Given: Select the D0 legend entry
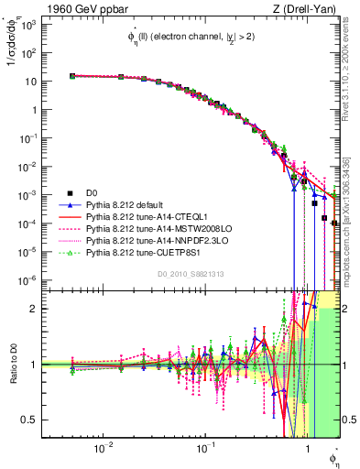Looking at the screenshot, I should [91, 191].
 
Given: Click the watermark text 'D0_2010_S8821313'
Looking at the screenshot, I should [190, 274].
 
